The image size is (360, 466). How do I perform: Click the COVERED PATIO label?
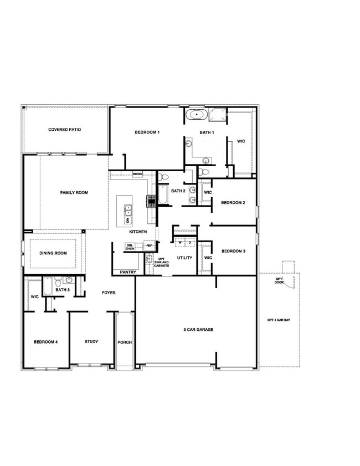click(x=64, y=129)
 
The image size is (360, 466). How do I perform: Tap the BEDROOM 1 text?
click(x=147, y=132)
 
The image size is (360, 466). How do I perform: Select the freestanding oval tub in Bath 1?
click(x=196, y=116)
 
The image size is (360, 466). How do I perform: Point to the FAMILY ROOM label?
click(x=74, y=193)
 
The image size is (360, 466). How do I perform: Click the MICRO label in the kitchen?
click(x=138, y=173)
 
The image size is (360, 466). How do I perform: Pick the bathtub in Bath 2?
click(x=162, y=194)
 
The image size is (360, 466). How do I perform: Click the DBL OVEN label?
click(x=130, y=247)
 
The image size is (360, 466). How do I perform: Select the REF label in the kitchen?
click(x=149, y=245)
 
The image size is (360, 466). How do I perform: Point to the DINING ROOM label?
click(x=53, y=253)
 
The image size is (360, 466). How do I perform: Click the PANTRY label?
click(x=128, y=272)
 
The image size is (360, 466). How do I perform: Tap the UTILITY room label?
click(x=184, y=258)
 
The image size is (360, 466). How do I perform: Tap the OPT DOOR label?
click(x=280, y=282)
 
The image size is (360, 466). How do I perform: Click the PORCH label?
click(x=125, y=342)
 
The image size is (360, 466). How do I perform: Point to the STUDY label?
click(x=91, y=341)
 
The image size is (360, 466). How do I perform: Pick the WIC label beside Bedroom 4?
click(x=34, y=296)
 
